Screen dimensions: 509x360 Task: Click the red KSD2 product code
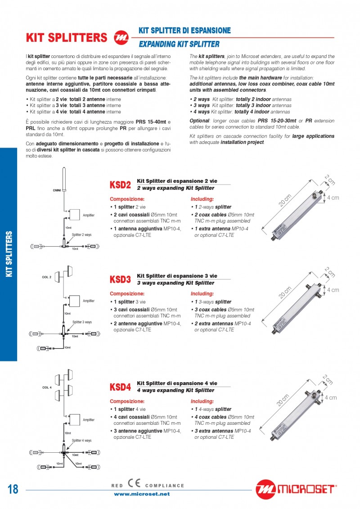(120, 185)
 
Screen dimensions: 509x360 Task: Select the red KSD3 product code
(120, 279)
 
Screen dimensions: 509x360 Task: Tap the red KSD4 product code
(120, 387)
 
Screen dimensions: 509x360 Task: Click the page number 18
(13, 489)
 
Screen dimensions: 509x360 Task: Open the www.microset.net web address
(142, 494)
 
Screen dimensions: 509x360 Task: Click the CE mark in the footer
(134, 484)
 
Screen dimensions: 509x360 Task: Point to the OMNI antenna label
(57, 191)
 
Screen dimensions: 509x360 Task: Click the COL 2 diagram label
(47, 277)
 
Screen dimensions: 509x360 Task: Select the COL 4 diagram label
(47, 387)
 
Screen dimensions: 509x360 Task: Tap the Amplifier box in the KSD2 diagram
(74, 215)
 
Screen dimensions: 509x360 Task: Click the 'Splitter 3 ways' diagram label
(82, 322)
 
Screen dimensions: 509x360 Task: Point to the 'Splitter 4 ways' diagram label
(82, 440)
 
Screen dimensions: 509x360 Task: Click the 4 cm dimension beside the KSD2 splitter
(333, 198)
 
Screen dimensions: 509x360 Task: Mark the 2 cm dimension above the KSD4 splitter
(328, 380)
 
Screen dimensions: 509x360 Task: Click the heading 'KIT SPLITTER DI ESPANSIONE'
(184, 31)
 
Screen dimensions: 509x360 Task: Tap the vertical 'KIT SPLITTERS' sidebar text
(9, 254)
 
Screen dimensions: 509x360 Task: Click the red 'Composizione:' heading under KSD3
(127, 293)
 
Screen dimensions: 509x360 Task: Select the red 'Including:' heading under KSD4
(202, 401)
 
